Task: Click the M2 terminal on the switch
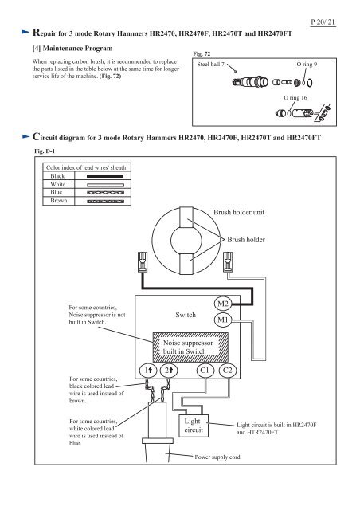click(223, 304)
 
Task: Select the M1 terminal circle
click(223, 320)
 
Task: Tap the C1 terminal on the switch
click(205, 370)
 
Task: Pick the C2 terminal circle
click(228, 370)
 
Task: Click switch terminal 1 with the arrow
click(148, 370)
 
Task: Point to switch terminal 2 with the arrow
click(169, 370)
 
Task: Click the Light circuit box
click(194, 426)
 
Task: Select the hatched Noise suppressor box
click(190, 347)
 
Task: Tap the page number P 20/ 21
click(323, 22)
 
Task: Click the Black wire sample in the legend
click(105, 176)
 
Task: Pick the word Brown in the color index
click(59, 201)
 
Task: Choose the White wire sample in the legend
click(105, 185)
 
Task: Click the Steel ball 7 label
click(211, 64)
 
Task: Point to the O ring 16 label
click(295, 97)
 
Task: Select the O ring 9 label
click(307, 64)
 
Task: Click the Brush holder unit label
click(239, 212)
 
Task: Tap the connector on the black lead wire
click(143, 261)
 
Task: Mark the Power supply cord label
click(217, 457)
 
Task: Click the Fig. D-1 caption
click(45, 151)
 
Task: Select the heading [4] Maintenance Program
click(72, 48)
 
